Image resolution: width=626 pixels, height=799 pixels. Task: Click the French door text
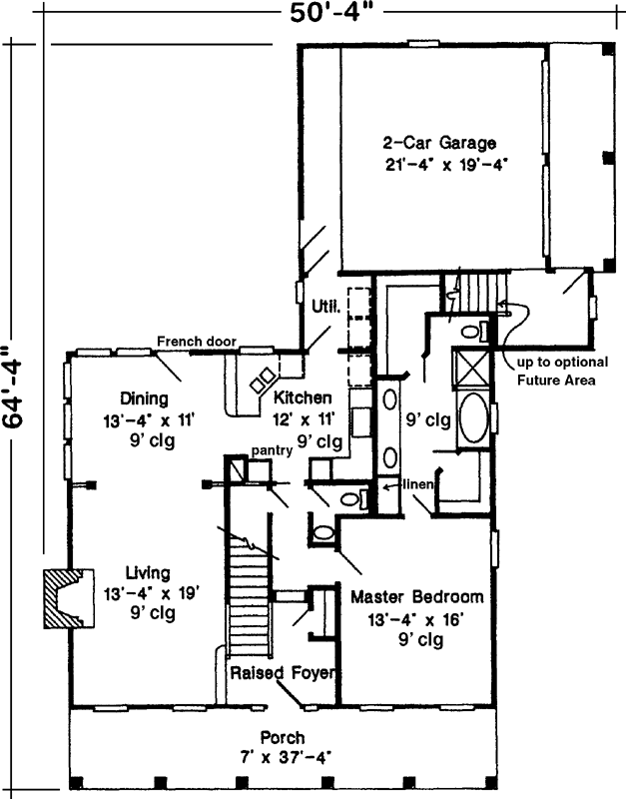point(196,343)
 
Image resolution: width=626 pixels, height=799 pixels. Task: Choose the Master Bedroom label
point(416,597)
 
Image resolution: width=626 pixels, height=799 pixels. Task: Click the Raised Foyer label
point(282,671)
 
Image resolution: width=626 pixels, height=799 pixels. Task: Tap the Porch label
point(282,737)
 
